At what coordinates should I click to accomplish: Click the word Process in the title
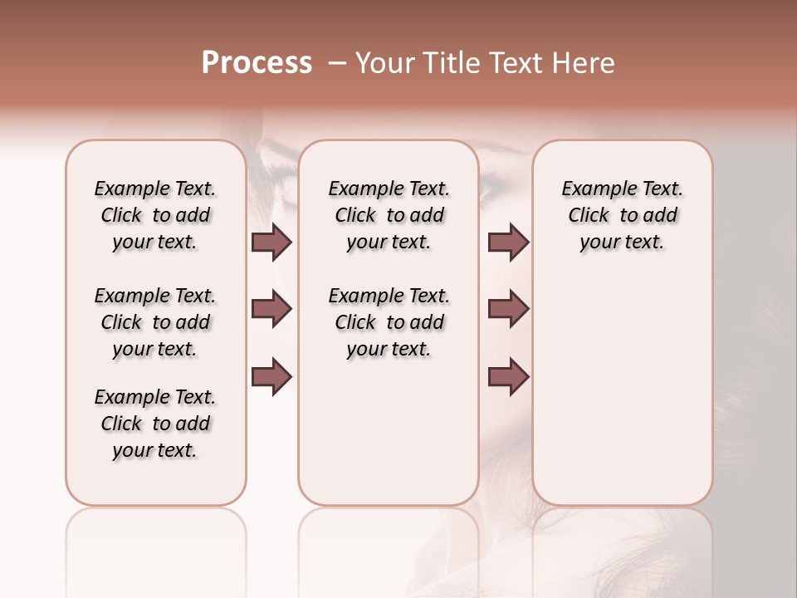[257, 63]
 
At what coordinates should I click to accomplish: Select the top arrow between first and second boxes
[271, 242]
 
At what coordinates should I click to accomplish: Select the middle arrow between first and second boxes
[271, 309]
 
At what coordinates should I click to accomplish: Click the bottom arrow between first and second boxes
[271, 376]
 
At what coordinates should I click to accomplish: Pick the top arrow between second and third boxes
[508, 242]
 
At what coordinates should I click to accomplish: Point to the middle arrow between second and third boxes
[508, 309]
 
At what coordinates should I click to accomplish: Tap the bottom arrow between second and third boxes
[508, 376]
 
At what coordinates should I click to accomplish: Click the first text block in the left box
[155, 215]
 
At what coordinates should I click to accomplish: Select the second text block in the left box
[155, 322]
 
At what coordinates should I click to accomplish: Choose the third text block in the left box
[155, 424]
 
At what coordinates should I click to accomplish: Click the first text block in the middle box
[389, 215]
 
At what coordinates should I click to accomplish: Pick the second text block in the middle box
[389, 322]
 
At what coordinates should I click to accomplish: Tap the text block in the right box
[622, 215]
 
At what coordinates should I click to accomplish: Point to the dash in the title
[336, 63]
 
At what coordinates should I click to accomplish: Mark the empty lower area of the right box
[622, 390]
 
